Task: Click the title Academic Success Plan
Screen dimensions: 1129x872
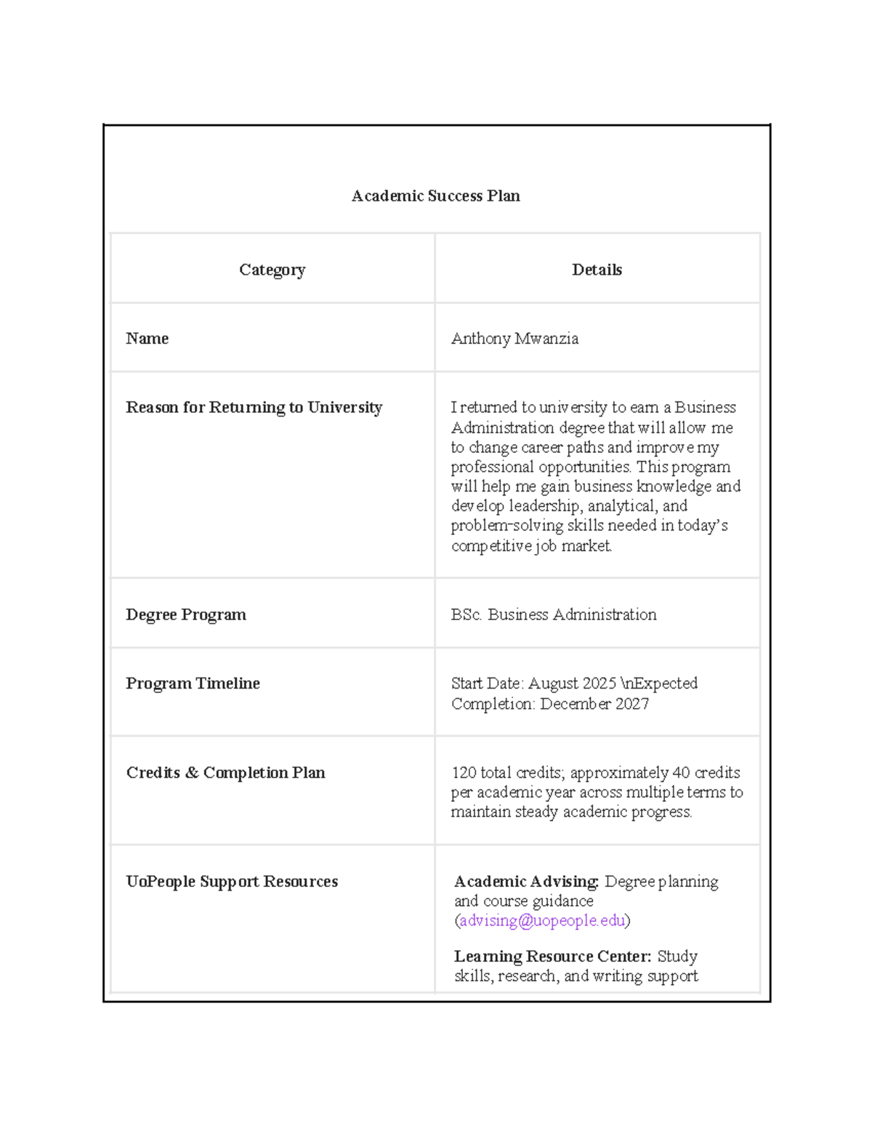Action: (x=435, y=196)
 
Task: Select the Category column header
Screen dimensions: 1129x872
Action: (x=272, y=270)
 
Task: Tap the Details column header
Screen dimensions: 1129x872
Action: (x=597, y=270)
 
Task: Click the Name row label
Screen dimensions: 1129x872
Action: (x=147, y=338)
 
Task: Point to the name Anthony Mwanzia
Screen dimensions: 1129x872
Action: (x=514, y=338)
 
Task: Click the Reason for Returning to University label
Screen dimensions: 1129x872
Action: (x=254, y=407)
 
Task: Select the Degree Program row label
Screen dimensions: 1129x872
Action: (x=185, y=614)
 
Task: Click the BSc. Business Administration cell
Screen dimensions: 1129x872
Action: (x=553, y=614)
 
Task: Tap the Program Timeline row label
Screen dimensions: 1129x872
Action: (x=193, y=683)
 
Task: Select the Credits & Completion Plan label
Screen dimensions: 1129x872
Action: (x=225, y=772)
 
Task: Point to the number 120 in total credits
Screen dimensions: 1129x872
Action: (x=464, y=772)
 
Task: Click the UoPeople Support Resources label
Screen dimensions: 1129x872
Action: (x=232, y=881)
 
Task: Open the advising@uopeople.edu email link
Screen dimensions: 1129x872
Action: (x=542, y=920)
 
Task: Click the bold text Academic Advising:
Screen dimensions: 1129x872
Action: (x=526, y=881)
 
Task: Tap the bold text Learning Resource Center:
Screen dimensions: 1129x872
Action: (x=552, y=956)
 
